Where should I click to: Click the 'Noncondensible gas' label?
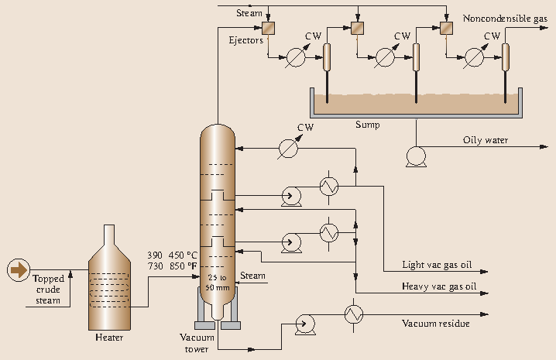click(x=505, y=18)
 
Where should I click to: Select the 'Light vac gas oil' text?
click(x=437, y=265)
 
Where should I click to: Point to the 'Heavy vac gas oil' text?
click(x=438, y=286)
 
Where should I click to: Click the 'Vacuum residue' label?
click(x=435, y=323)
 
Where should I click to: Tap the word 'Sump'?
click(x=367, y=124)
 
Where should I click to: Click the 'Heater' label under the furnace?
click(x=109, y=337)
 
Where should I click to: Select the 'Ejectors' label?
click(x=245, y=40)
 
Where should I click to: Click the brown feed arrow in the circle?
click(x=16, y=269)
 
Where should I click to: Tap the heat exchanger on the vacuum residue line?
click(x=354, y=314)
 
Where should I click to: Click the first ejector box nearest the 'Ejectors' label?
click(x=268, y=29)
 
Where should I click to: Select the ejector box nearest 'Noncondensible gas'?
click(x=447, y=29)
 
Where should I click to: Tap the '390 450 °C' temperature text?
click(x=175, y=255)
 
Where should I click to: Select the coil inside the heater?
click(x=110, y=283)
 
